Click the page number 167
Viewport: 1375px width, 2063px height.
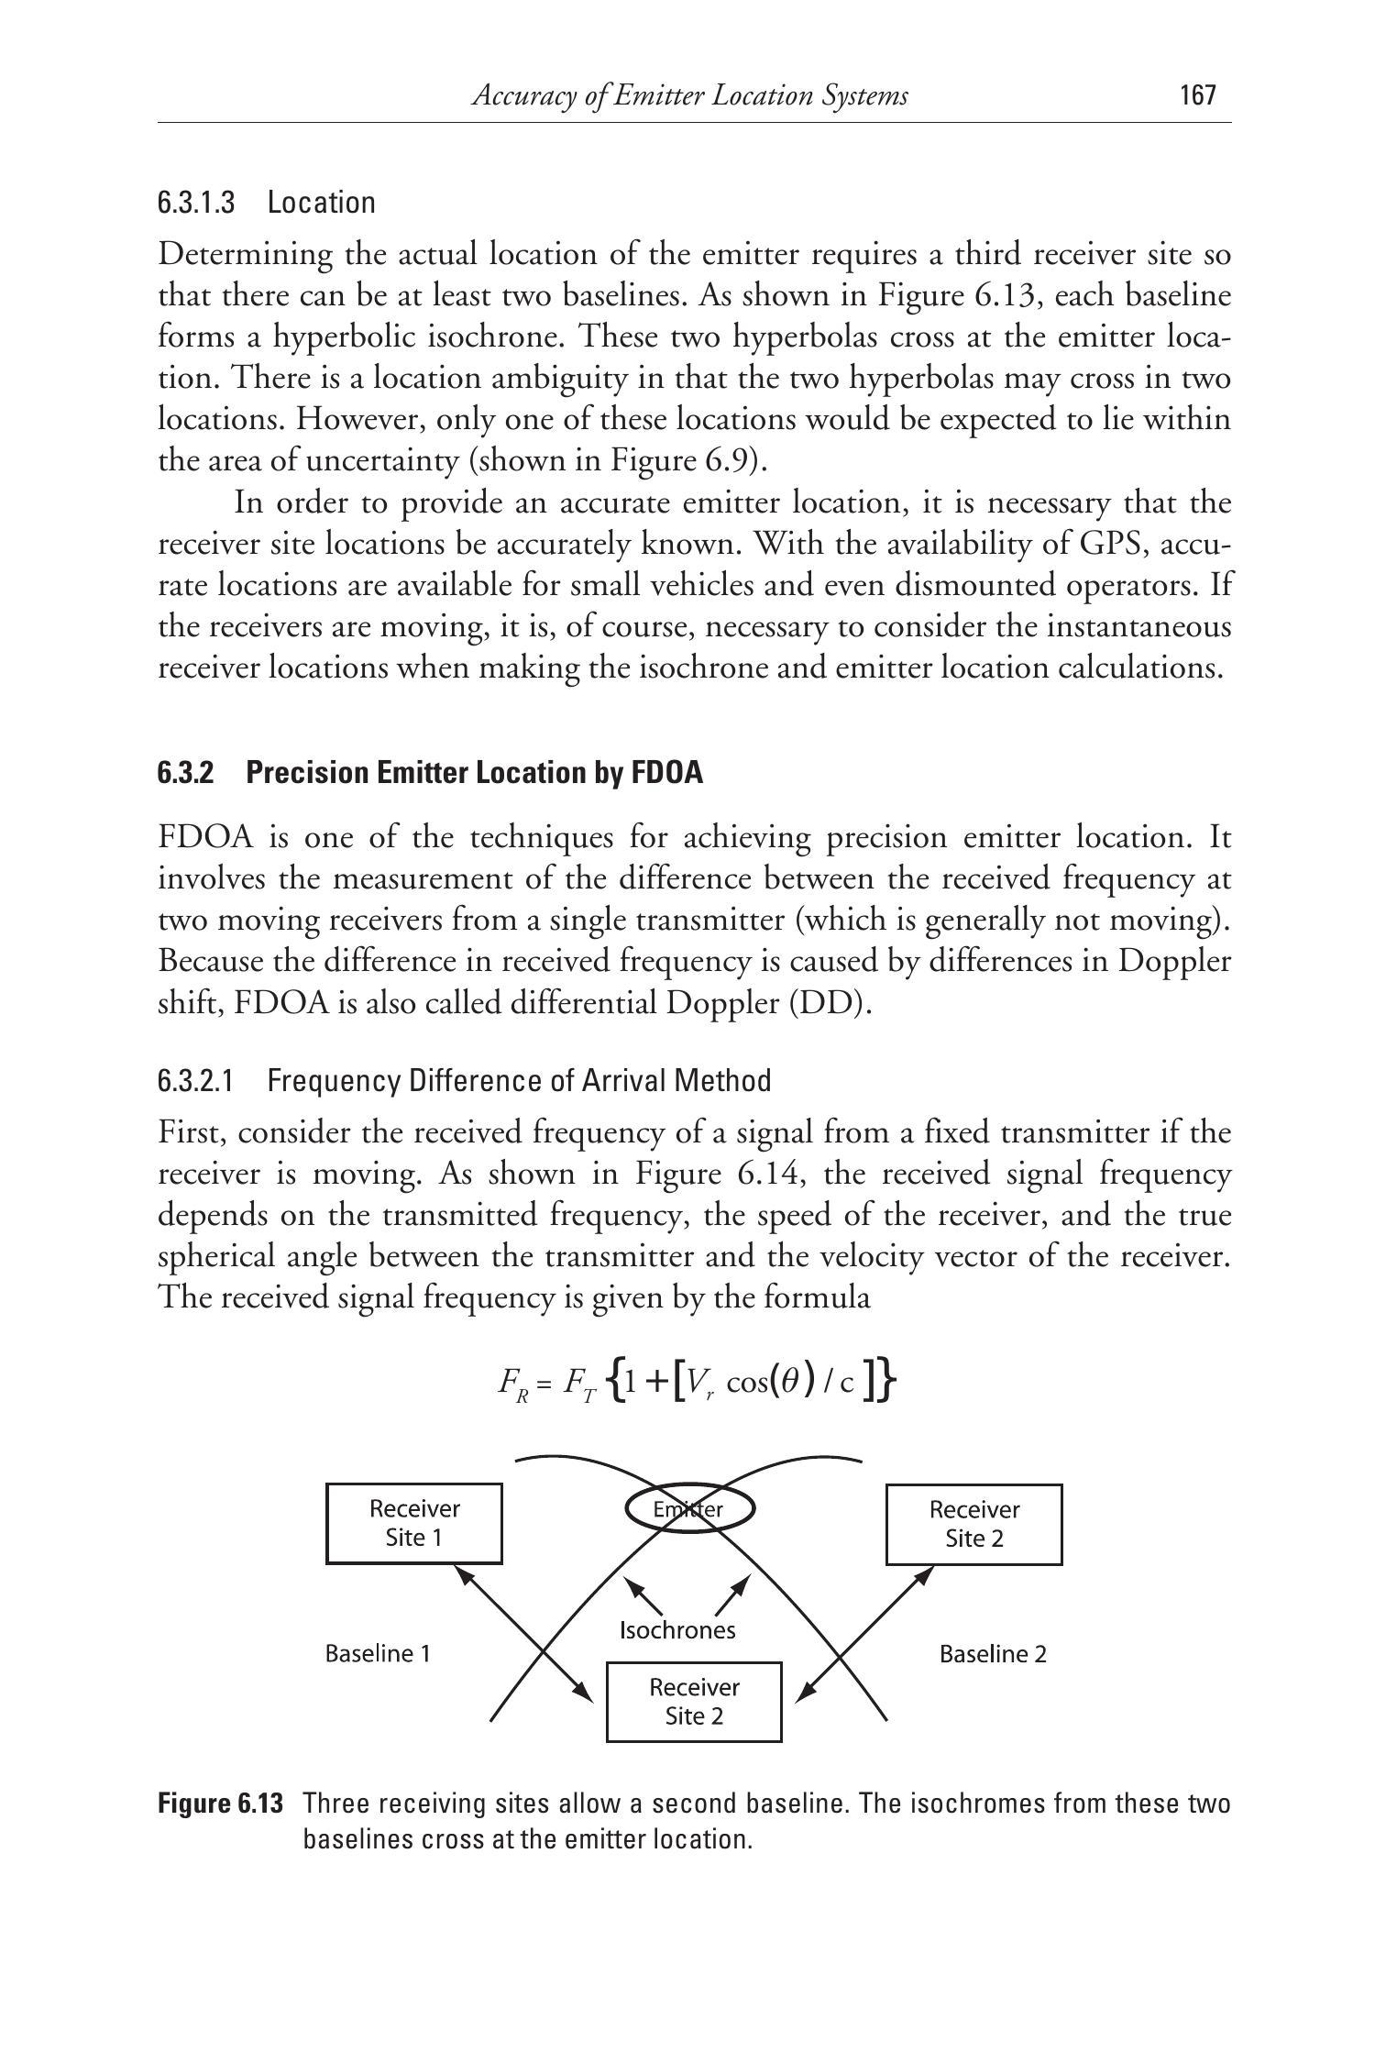point(1198,95)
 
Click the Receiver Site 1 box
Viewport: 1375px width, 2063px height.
point(413,1523)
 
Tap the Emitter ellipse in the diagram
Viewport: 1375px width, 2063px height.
point(689,1509)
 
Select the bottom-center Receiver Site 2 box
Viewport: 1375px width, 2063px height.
point(694,1701)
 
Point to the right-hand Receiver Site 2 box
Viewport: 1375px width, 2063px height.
point(973,1524)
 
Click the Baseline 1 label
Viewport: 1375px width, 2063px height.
point(378,1653)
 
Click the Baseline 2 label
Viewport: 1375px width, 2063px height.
point(993,1654)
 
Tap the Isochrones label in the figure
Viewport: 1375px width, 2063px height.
point(677,1629)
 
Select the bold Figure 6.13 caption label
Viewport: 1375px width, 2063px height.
point(220,1804)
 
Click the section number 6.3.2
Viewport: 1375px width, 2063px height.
point(185,773)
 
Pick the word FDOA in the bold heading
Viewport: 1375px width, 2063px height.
point(666,773)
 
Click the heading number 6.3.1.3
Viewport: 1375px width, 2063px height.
point(196,203)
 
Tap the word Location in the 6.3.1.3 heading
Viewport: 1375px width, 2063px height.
point(322,203)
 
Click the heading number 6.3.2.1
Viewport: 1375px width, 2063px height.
point(196,1081)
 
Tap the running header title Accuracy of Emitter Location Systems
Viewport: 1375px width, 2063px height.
point(689,95)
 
